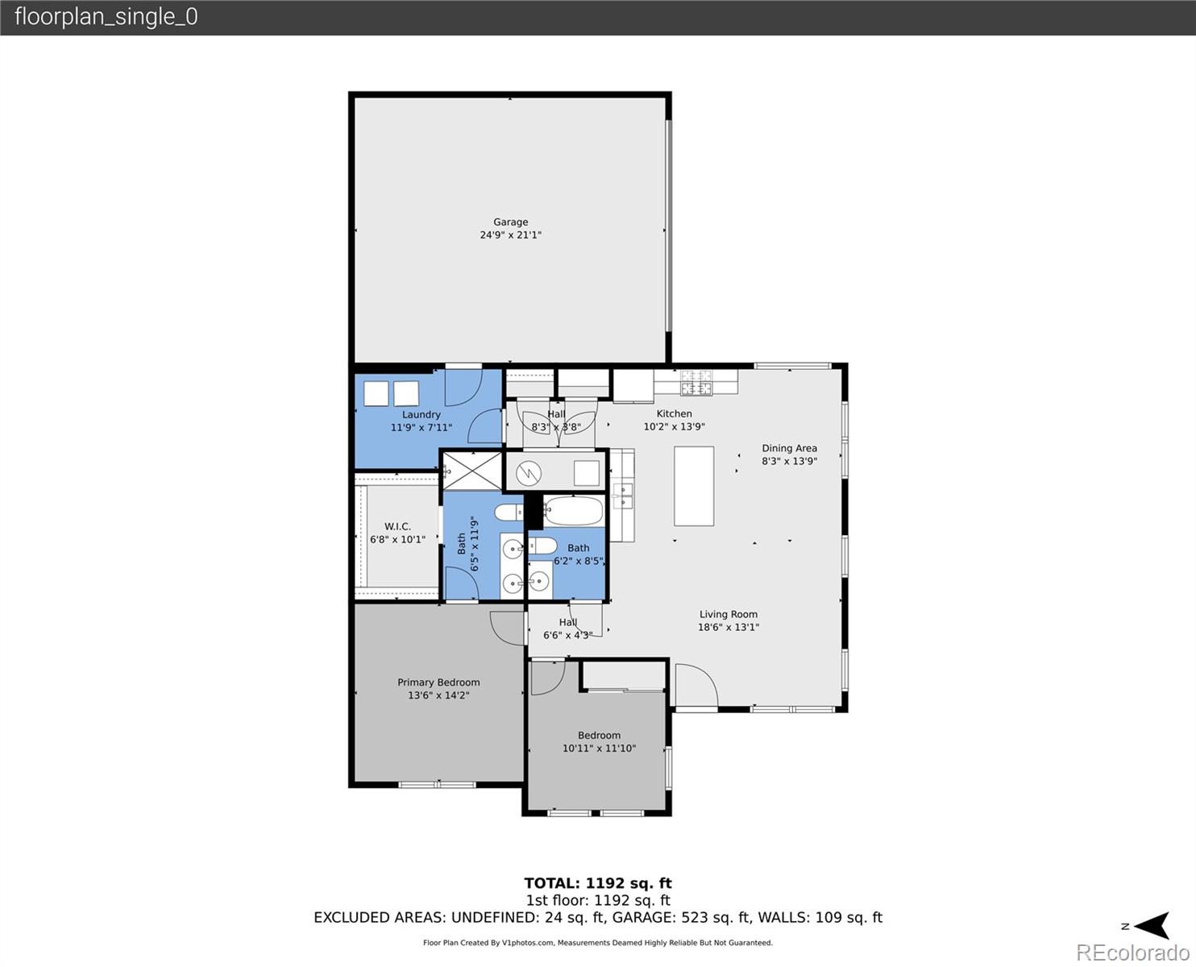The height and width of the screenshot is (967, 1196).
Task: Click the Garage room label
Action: tap(510, 222)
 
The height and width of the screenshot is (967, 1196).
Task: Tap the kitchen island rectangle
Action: tap(694, 486)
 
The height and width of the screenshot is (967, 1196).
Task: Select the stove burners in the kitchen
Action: tap(697, 383)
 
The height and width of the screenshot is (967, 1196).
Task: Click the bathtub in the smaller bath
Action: tap(573, 511)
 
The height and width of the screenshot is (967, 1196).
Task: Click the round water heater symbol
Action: tap(529, 473)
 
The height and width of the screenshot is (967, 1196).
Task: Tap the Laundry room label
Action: tap(421, 414)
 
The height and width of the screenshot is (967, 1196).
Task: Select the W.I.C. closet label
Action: tap(397, 526)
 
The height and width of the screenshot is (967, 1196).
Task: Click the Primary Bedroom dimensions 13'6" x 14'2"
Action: tap(438, 695)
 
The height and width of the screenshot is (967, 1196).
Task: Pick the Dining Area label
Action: tap(789, 448)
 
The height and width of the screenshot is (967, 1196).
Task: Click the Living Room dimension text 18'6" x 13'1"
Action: tap(729, 627)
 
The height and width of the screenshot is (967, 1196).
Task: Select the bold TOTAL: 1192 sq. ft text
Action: tap(597, 883)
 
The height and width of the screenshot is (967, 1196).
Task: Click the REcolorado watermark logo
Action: tap(1132, 952)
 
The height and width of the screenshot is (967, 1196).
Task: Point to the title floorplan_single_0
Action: tap(106, 17)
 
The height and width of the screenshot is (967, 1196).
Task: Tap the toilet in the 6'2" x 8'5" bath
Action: tap(542, 546)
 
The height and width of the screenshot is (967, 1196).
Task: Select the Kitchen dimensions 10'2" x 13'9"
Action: tap(674, 427)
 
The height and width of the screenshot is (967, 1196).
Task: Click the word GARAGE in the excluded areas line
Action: tap(642, 917)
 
